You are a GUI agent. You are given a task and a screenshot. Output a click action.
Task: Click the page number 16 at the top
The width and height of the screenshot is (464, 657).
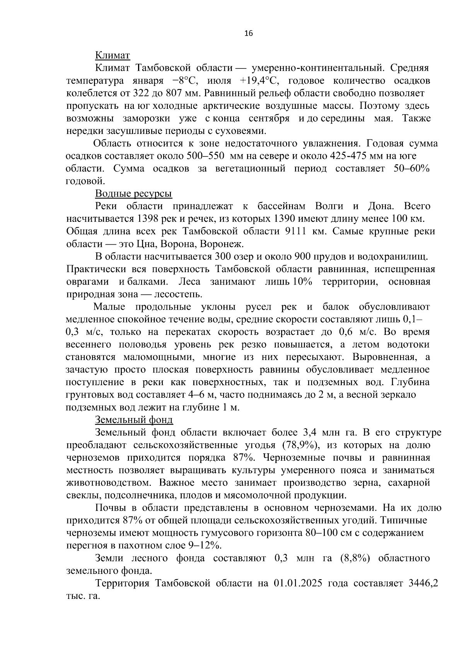point(248,34)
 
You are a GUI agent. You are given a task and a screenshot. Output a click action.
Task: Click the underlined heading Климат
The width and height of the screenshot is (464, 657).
point(113,56)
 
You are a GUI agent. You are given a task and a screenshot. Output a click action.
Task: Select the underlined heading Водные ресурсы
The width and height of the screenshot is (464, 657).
point(133,194)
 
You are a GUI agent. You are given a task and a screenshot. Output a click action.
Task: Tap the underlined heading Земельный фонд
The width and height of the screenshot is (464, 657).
point(134,420)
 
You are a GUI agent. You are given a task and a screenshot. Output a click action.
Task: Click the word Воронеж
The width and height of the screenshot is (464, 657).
point(226,244)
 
